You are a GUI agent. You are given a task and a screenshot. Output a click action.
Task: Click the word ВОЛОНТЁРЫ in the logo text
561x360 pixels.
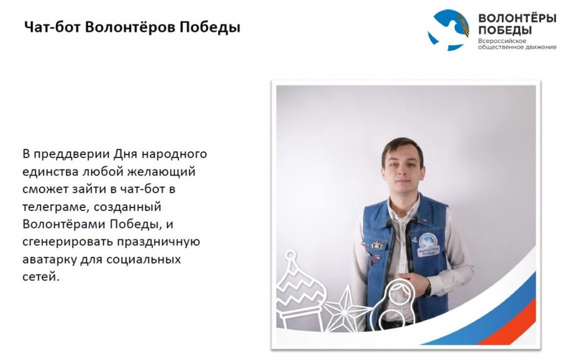point(517,18)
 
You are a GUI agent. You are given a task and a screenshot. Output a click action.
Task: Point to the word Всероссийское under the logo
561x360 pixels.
point(502,40)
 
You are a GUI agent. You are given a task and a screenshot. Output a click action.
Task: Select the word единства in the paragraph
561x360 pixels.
point(50,172)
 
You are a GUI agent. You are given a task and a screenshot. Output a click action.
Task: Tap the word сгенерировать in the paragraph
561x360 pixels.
point(67,242)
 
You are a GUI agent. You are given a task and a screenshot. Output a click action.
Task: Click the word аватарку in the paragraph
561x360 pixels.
point(49,259)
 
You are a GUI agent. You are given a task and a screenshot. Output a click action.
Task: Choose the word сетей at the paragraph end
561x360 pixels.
point(41,277)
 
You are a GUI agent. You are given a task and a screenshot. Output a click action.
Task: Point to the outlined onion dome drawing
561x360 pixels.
point(300,291)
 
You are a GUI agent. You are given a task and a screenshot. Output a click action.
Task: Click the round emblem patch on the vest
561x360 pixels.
point(429,245)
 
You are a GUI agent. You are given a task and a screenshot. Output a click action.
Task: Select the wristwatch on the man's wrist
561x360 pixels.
point(428,288)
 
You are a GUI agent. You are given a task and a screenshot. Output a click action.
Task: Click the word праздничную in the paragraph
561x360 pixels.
point(158,242)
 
